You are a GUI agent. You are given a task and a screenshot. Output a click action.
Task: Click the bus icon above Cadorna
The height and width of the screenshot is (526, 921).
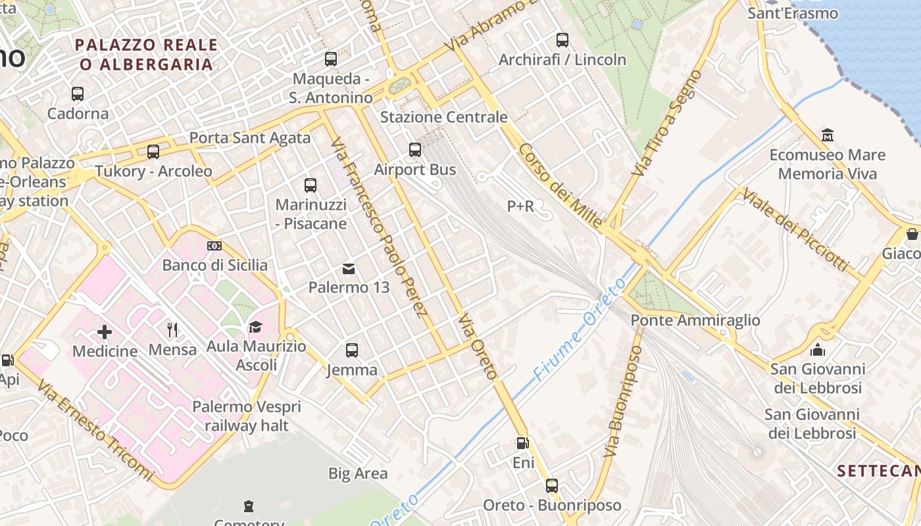78,94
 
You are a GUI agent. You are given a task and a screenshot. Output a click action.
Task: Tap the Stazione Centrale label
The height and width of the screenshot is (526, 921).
444,118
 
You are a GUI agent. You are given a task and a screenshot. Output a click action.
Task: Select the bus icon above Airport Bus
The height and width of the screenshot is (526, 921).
415,150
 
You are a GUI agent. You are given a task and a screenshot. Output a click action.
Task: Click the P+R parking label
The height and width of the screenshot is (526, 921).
520,206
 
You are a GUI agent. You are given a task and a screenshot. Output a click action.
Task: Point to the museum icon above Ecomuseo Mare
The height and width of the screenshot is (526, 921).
828,135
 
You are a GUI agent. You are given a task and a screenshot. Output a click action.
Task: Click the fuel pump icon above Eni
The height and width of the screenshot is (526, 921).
523,444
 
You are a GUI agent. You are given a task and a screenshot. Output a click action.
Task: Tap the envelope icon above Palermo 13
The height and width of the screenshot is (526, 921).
349,268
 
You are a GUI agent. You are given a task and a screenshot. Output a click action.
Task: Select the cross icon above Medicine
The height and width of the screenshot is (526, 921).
105,331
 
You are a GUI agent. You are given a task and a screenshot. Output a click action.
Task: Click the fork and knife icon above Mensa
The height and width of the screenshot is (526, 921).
172,329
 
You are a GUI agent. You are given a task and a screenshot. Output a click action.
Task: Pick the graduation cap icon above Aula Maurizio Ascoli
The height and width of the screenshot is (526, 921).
255,327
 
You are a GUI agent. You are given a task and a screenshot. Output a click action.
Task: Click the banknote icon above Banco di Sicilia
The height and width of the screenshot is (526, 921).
214,246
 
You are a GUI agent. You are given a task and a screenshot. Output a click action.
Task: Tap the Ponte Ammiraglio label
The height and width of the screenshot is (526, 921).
695,321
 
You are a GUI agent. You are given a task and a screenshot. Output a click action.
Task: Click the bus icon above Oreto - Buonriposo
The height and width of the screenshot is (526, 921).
552,486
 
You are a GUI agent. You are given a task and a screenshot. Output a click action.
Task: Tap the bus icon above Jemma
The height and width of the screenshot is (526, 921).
352,350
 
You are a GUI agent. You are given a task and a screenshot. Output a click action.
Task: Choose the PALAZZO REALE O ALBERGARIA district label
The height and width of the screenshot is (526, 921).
146,55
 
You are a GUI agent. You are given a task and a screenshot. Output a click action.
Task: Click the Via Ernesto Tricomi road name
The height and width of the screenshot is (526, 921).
95,431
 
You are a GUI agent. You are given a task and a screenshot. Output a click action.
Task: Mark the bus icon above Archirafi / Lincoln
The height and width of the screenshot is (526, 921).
562,40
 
